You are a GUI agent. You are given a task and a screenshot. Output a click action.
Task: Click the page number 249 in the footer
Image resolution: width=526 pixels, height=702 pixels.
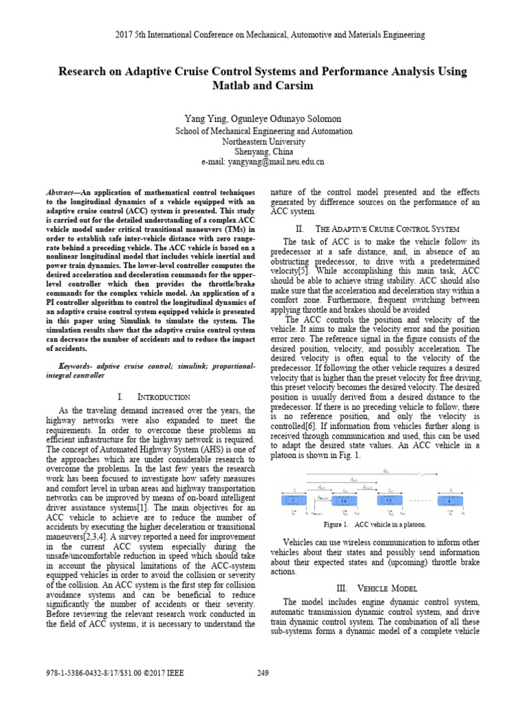click(x=262, y=673)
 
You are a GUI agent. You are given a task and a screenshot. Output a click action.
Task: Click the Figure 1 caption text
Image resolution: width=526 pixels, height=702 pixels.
click(x=375, y=524)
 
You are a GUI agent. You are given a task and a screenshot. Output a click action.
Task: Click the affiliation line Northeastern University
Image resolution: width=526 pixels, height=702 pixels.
click(x=263, y=141)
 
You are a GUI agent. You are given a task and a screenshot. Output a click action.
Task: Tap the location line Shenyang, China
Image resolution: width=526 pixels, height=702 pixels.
click(x=263, y=151)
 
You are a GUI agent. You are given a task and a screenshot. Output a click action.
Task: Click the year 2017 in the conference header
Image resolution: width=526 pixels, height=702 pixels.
click(x=111, y=34)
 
